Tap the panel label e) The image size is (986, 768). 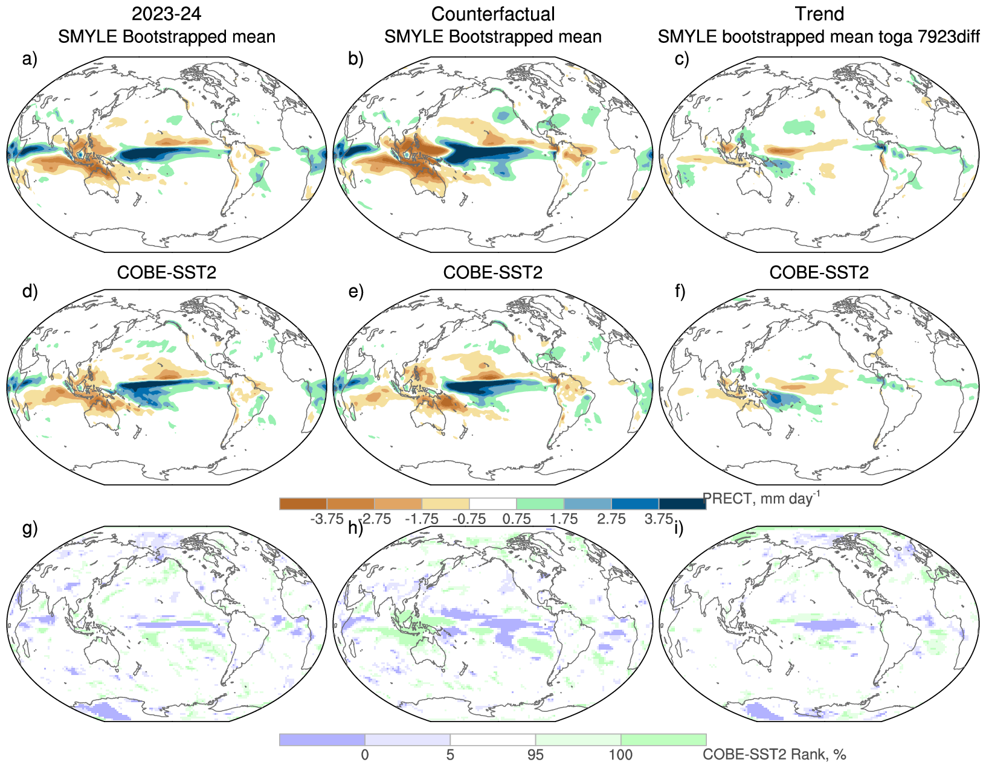pos(356,292)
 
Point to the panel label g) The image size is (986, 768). pos(30,528)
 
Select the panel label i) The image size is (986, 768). pos(679,528)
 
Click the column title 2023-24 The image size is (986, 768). pos(166,14)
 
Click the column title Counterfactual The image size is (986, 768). pos(493,14)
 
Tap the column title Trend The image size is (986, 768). pos(819,14)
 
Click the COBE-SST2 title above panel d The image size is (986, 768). pos(166,272)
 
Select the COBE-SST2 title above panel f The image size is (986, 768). pos(819,272)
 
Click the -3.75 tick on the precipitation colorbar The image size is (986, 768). pos(327,519)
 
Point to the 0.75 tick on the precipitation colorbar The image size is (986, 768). pos(517,519)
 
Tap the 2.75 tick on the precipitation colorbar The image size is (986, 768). pos(611,519)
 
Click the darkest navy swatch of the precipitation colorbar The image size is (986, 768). pos(682,504)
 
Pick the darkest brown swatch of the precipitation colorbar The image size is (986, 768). pos(303,504)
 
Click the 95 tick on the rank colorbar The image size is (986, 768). pos(535,755)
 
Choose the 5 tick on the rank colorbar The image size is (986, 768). pos(450,755)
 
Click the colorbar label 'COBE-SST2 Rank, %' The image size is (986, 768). pos(775,755)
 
